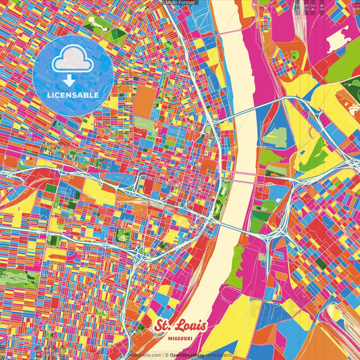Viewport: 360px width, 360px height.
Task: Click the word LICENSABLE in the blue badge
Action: tap(73, 95)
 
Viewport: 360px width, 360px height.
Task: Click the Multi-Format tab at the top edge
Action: tap(180, 3)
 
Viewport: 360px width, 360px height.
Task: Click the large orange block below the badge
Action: tap(145, 102)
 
